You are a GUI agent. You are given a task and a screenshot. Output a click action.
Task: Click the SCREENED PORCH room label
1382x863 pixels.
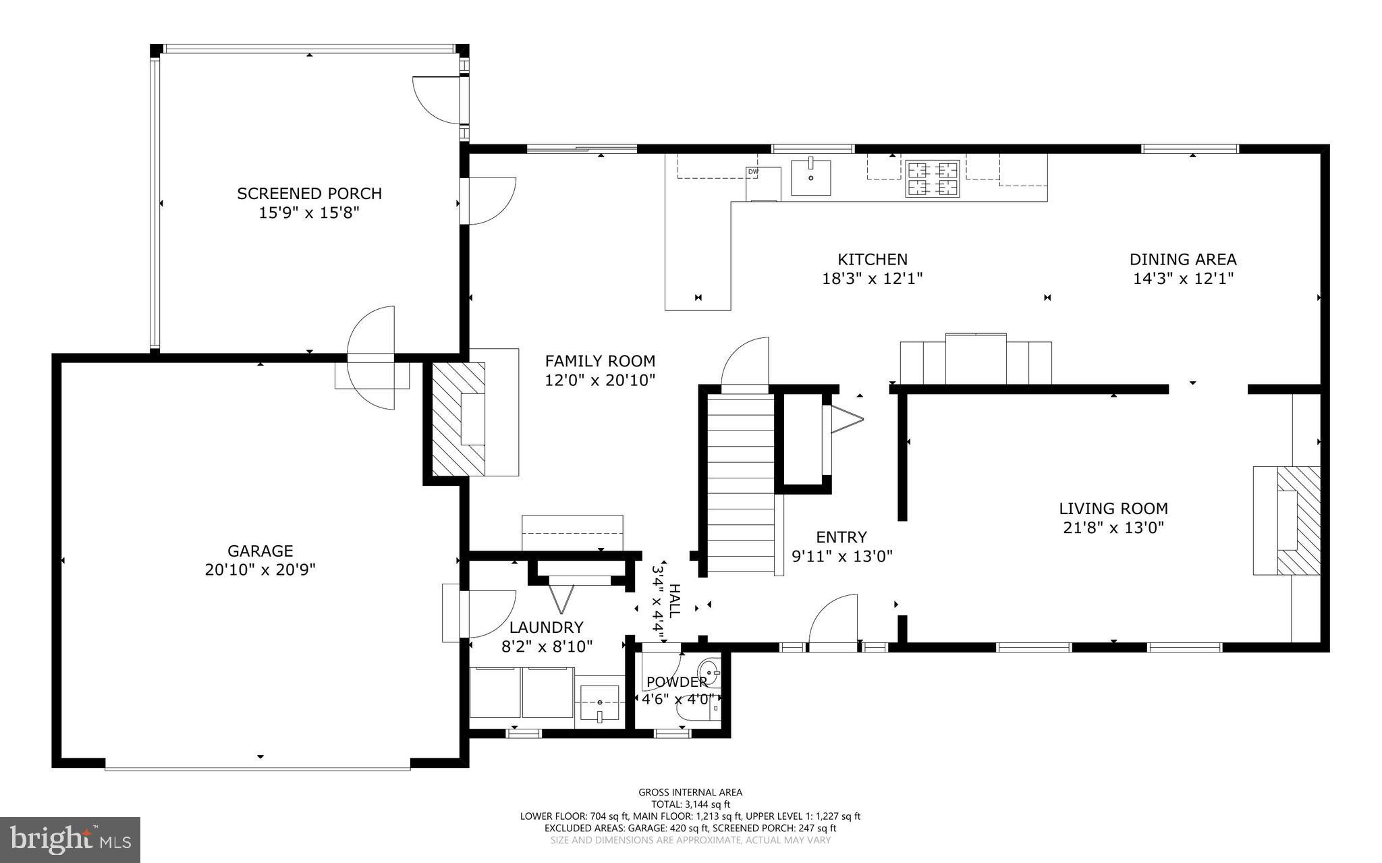(309, 194)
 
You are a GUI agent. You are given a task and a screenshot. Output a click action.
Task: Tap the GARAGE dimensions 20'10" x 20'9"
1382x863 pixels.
(260, 570)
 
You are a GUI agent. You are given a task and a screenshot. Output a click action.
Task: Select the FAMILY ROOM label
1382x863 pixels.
(600, 361)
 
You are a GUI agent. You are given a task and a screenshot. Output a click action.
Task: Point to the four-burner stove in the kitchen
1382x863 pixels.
(932, 178)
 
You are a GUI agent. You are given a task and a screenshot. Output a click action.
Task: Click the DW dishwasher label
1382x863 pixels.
(753, 172)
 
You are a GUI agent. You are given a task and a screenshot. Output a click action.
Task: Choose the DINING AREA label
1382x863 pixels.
(1182, 259)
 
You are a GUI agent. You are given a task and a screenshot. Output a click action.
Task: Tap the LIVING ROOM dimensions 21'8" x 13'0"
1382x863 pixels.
(1113, 528)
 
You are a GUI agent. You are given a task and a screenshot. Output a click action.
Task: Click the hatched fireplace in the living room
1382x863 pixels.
(1298, 520)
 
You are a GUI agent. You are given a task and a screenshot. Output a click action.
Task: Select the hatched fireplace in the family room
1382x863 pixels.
(458, 418)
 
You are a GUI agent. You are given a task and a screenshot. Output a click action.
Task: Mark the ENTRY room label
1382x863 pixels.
(841, 537)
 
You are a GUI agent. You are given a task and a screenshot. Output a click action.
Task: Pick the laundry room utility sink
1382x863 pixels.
(599, 704)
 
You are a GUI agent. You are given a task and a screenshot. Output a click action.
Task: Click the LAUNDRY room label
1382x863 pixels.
(546, 627)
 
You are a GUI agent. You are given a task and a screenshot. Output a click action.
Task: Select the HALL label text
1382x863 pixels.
(674, 601)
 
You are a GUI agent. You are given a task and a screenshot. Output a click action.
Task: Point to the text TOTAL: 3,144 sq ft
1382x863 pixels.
(690, 804)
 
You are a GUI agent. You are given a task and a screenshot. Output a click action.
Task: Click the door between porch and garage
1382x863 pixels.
(372, 358)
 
